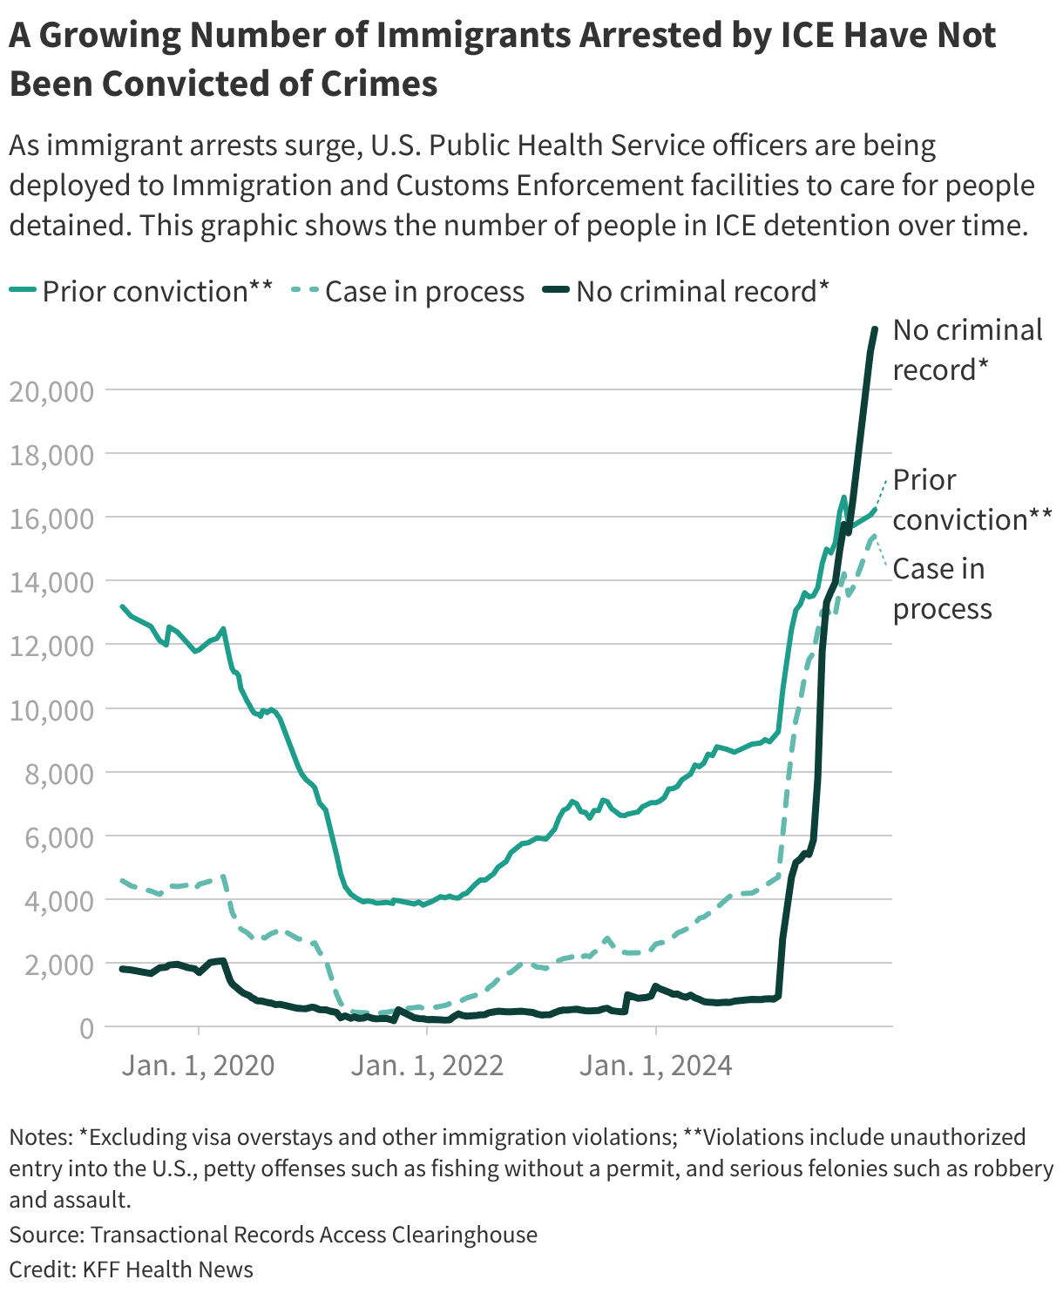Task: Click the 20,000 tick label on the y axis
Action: click(x=51, y=391)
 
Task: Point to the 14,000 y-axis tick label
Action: click(x=51, y=582)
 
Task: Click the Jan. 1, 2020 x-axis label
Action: click(x=199, y=1065)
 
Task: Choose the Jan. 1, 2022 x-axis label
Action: click(x=427, y=1065)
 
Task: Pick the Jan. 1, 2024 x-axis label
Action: click(x=656, y=1065)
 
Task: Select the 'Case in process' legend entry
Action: click(x=424, y=291)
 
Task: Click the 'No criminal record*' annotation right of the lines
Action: click(x=967, y=349)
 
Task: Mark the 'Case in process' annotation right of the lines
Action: click(x=941, y=588)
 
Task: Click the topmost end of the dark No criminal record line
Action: click(x=875, y=328)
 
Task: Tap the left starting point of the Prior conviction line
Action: click(x=122, y=606)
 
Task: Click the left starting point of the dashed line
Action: click(x=122, y=880)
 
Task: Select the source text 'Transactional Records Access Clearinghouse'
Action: click(x=314, y=1235)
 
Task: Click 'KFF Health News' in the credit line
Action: click(x=168, y=1269)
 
